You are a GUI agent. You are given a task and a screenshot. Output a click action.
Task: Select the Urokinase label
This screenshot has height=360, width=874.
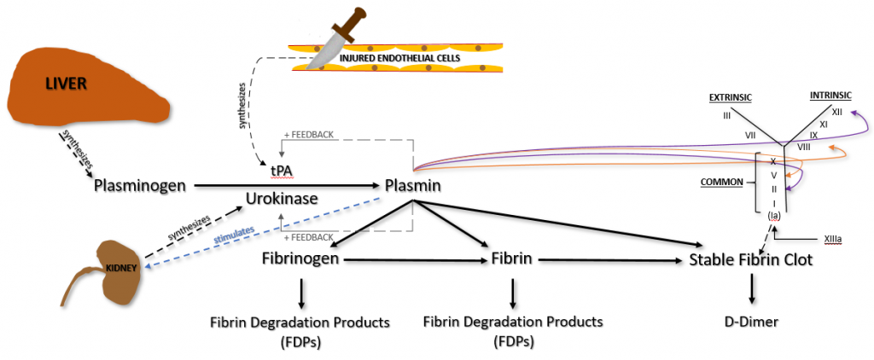coord(283,198)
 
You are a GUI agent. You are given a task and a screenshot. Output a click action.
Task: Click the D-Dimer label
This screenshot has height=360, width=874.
coord(751,322)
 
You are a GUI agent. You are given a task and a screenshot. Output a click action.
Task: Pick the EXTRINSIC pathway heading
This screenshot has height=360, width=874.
coord(730,98)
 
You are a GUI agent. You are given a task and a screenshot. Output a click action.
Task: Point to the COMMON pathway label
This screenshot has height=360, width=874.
coord(720,182)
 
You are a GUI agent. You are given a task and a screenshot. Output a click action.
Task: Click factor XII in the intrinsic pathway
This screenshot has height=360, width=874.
coord(836,112)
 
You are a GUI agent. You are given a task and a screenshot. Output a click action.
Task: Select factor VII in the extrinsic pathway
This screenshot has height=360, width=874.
coord(750,135)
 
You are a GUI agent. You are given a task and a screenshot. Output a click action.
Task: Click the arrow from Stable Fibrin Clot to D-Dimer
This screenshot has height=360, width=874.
coord(751,291)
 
